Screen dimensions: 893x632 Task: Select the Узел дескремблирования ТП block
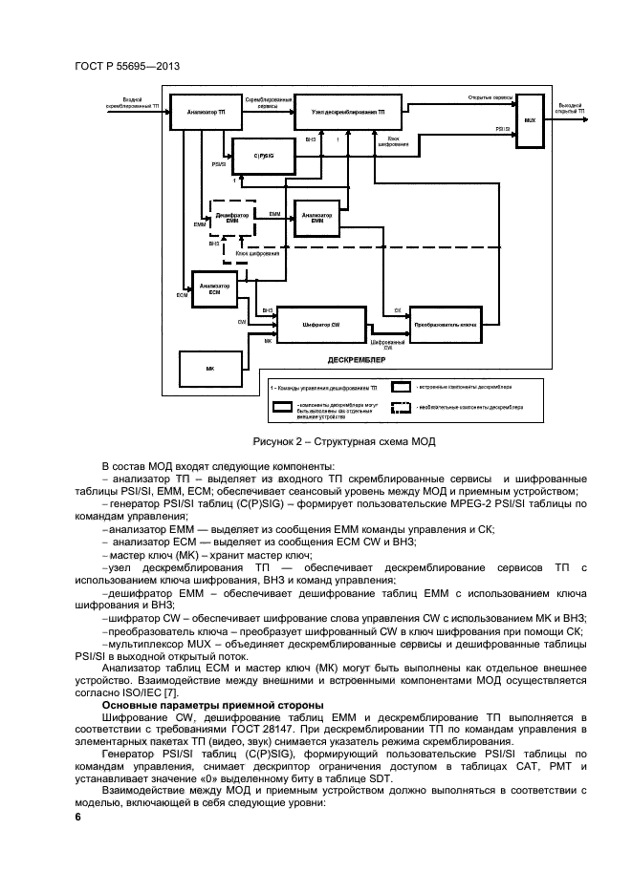coord(348,112)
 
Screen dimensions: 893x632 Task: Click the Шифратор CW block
coord(320,326)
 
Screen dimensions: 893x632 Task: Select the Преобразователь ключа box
coord(445,325)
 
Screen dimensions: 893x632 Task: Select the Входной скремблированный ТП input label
coord(126,101)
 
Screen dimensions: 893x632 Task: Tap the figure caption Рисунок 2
coord(344,441)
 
